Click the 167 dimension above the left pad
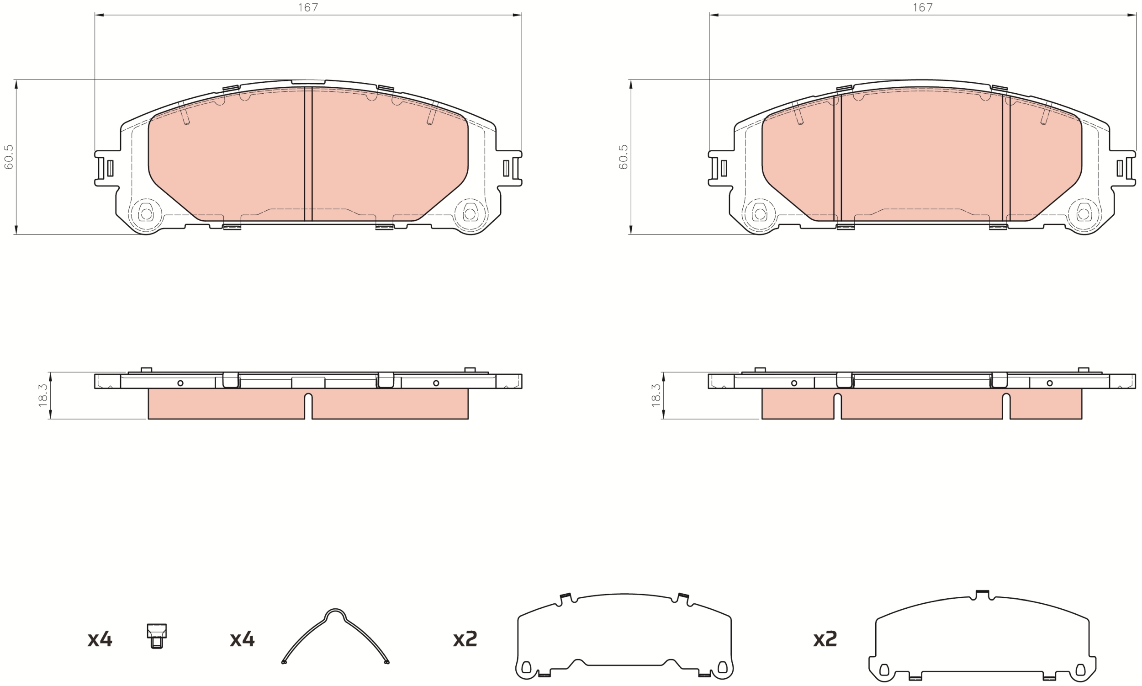pos(308,7)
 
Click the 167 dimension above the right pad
pos(922,7)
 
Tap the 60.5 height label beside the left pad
pos(9,157)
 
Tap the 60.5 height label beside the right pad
pos(623,157)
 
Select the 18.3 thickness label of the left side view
pos(43,395)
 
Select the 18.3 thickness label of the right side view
pos(656,395)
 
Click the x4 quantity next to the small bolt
pos(100,639)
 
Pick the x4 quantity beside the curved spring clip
pos(242,639)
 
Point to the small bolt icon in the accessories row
pos(157,636)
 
